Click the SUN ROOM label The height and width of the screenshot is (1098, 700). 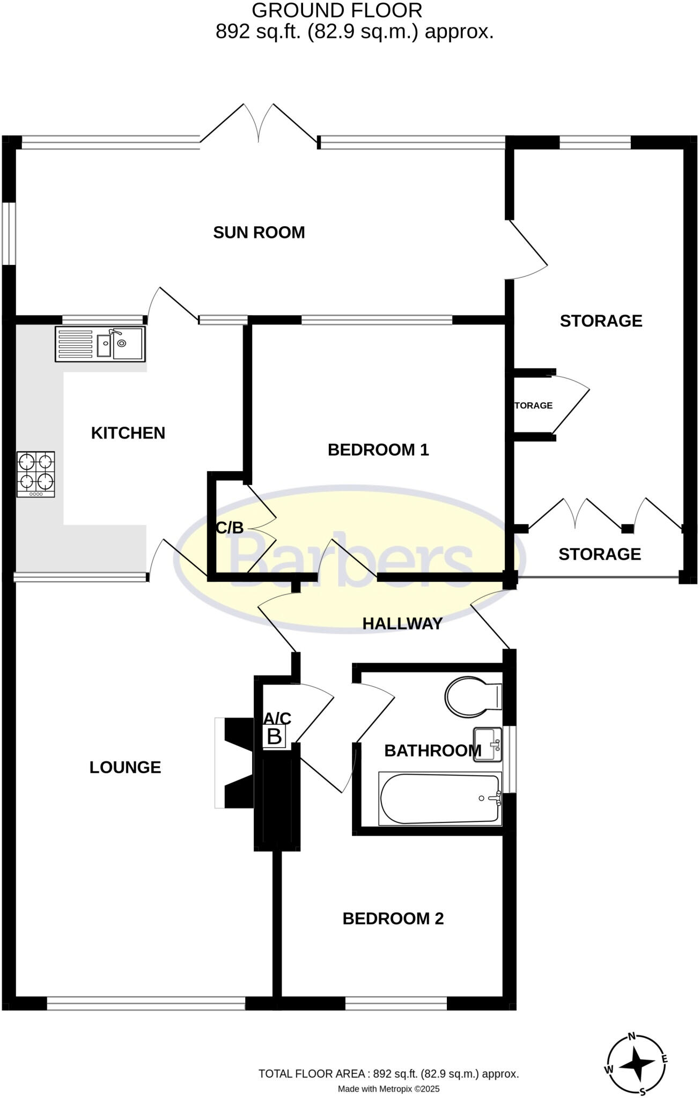point(259,232)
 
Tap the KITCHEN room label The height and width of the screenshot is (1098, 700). point(128,433)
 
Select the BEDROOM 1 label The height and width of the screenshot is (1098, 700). point(378,449)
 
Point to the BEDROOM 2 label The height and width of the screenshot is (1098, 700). point(393,918)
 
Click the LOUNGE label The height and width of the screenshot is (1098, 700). point(125,767)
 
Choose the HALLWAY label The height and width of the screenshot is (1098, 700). point(402,623)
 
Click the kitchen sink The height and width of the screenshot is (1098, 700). point(100,344)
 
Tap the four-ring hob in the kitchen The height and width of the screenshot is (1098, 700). point(36,474)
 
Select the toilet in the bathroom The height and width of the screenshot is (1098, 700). point(472,697)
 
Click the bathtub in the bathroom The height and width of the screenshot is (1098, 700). point(440,799)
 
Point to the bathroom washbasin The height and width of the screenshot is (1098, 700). point(487,744)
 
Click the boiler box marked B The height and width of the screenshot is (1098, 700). point(274,737)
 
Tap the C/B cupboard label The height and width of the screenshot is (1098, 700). point(230,528)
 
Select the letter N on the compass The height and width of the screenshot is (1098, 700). point(632,1036)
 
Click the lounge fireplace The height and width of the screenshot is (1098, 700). point(235,762)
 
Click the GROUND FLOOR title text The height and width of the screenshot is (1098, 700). point(337,10)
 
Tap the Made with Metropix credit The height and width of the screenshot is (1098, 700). point(388,1089)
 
